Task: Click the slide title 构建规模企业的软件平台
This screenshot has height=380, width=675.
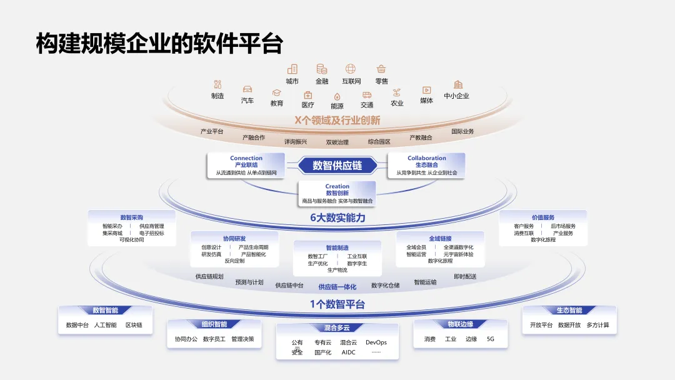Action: point(159,44)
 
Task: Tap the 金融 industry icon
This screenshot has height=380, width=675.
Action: point(322,69)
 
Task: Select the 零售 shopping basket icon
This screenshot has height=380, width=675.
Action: point(381,69)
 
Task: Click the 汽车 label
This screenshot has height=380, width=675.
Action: point(247,101)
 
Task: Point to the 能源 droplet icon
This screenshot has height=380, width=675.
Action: point(337,96)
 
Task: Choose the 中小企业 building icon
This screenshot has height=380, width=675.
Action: point(458,84)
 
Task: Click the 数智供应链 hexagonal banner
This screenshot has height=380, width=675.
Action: point(337,166)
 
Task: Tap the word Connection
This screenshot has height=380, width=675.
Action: point(246,158)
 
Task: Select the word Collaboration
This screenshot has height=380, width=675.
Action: point(427,158)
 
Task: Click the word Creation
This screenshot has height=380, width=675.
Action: point(337,186)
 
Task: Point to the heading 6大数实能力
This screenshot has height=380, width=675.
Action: point(337,218)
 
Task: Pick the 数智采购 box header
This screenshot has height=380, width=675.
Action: point(132,217)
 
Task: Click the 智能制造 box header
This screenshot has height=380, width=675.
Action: point(337,248)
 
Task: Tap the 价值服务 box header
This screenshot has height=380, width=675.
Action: point(543,217)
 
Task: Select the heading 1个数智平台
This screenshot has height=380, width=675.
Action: point(337,304)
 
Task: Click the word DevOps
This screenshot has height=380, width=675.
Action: point(376,342)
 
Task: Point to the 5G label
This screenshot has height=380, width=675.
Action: point(491,339)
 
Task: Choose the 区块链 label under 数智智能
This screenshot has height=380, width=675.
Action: point(134,325)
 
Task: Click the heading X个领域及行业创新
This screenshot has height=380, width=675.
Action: point(337,120)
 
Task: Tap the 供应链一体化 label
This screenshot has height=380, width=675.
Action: point(337,287)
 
